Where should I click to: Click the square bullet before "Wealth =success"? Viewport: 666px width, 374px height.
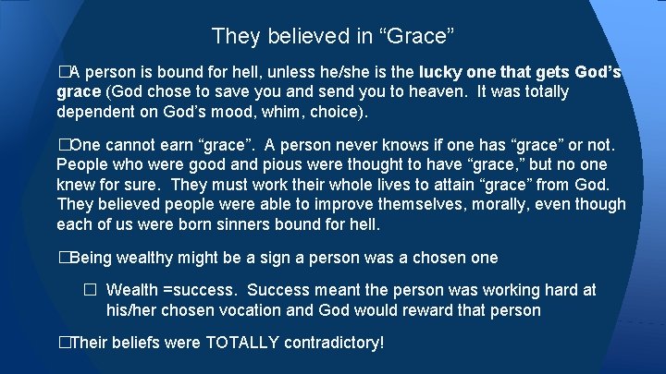(90, 290)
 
